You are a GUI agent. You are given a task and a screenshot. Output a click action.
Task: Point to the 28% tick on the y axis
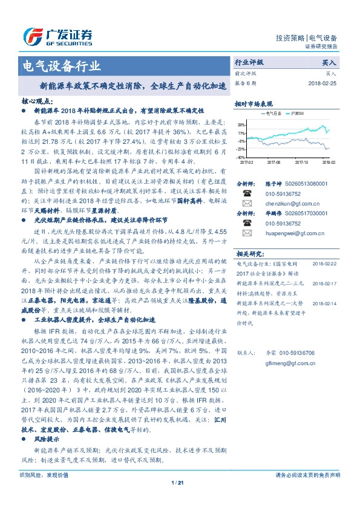tap(241, 125)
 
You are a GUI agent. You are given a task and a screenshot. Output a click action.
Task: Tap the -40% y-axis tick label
tap(240, 157)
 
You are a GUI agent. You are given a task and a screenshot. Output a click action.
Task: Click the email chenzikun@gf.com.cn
tap(281, 204)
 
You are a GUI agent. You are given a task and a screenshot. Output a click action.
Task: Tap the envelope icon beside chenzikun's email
tap(247, 204)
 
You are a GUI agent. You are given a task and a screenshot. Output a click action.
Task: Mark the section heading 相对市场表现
tap(254, 104)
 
